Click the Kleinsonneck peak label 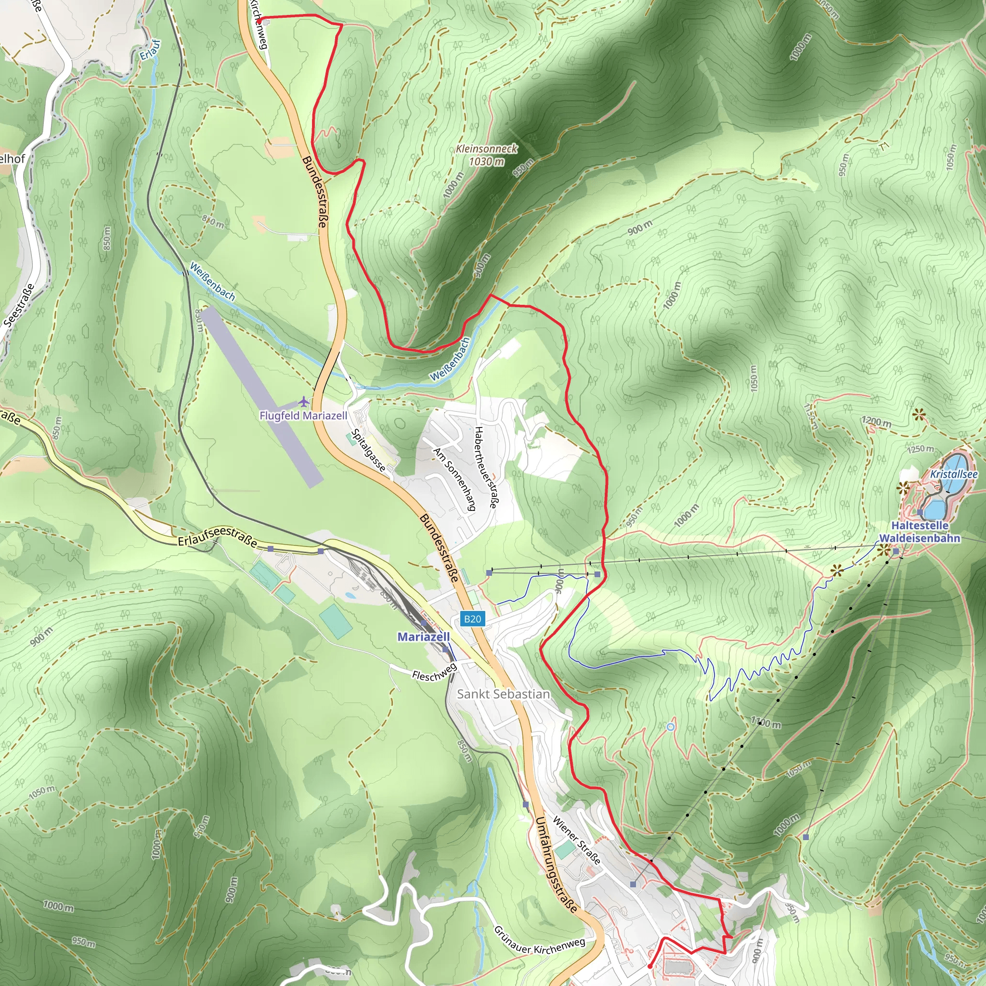tap(486, 155)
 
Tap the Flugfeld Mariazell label tap(303, 416)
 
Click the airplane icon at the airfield tap(304, 401)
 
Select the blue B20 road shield tap(472, 619)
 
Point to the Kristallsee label tap(953, 474)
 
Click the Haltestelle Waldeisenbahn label tap(920, 532)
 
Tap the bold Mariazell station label tap(424, 637)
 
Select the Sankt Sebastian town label tap(503, 694)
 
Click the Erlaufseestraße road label tap(218, 536)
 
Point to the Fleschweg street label tap(434, 672)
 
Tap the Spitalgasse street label tap(368, 450)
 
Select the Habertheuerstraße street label tap(485, 467)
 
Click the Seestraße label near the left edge tap(19, 305)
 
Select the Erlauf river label tap(151, 50)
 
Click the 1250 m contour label tap(921, 449)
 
